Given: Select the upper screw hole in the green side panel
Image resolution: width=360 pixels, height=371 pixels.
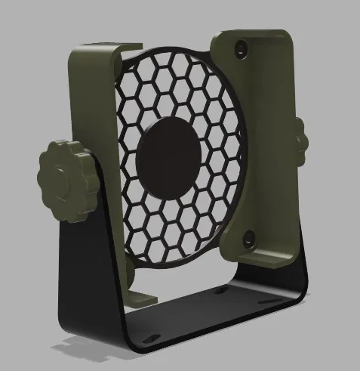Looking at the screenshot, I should point(240,47).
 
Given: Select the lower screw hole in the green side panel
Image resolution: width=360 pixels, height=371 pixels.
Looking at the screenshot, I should point(247,240).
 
